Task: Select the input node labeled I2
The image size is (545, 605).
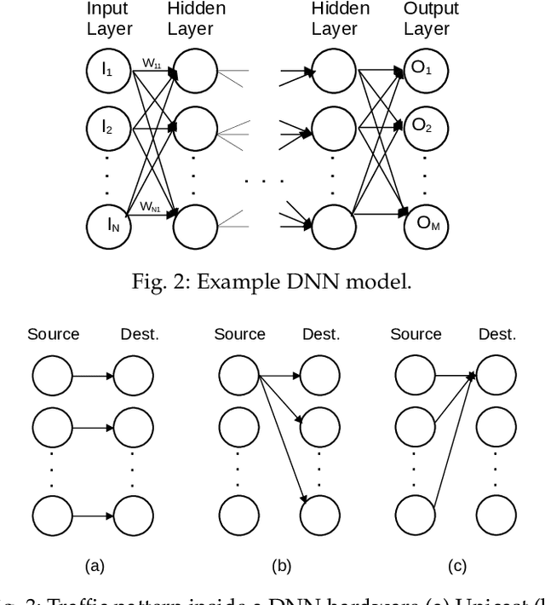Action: (107, 127)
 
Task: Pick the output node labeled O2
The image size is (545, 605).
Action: (422, 127)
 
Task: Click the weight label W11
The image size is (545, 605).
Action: (150, 62)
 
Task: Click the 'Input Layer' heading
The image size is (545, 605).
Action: (110, 19)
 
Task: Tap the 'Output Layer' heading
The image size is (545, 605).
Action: (430, 19)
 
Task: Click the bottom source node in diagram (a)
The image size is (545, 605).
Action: (53, 516)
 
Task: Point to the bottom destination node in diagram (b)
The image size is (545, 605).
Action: (322, 516)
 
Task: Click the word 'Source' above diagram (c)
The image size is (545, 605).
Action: (416, 334)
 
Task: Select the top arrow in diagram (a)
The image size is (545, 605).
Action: (94, 374)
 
